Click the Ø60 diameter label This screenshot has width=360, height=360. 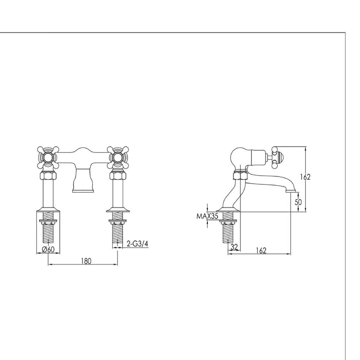48,250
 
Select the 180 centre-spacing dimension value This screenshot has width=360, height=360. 86,261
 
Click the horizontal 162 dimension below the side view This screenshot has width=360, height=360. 261,250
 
